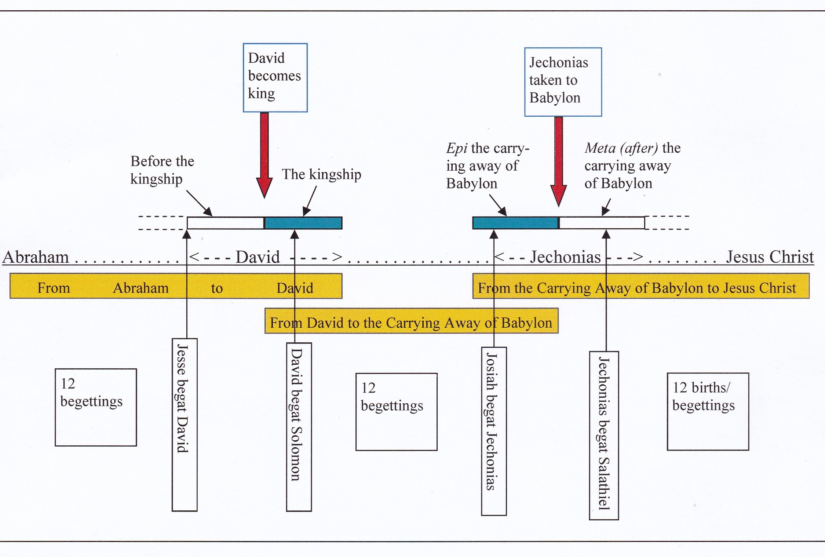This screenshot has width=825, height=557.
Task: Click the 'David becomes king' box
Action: coord(275,77)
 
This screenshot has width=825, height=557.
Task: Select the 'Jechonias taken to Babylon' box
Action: coord(563,82)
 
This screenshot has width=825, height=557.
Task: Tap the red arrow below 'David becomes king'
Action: coord(264,154)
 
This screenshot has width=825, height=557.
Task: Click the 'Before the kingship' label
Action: coord(162,170)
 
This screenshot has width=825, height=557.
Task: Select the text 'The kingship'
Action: coord(321,174)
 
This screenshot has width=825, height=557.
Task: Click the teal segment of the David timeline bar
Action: coord(303,223)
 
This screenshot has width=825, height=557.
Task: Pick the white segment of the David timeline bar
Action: coord(225,223)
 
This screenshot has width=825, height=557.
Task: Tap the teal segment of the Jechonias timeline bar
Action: coord(515,223)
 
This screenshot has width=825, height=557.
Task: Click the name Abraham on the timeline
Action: coord(36,257)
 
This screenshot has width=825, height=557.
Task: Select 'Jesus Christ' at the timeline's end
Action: coord(770,257)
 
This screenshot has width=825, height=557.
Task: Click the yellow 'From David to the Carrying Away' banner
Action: coord(411,321)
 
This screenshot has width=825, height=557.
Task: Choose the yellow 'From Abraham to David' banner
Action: coord(175,286)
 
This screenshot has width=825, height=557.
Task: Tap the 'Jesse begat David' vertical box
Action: coord(185,425)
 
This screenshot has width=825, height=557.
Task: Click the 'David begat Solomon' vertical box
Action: coord(299,427)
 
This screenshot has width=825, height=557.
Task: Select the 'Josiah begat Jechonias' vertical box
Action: coord(494,431)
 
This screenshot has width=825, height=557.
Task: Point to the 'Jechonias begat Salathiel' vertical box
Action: coord(604,436)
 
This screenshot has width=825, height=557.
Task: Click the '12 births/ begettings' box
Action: coord(708,411)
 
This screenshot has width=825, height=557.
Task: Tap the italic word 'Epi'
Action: coord(456,148)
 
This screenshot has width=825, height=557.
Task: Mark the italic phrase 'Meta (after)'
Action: coord(621,148)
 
